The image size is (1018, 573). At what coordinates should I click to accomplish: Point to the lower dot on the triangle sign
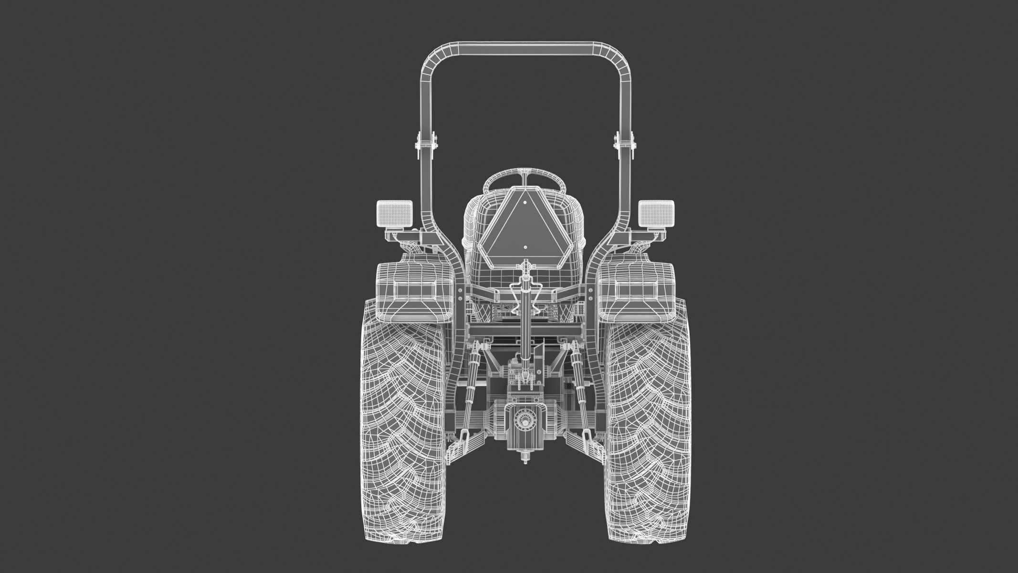pyautogui.click(x=525, y=247)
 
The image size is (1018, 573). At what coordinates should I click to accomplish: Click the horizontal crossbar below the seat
pyautogui.click(x=525, y=329)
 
